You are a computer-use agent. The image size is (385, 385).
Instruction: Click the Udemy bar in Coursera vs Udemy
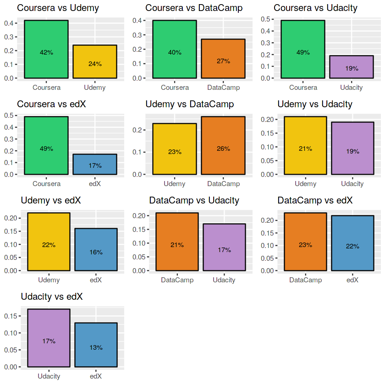pos(95,61)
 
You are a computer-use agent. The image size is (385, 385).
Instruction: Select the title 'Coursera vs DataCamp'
pos(194,8)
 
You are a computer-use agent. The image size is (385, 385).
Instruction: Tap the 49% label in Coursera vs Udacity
pos(303,52)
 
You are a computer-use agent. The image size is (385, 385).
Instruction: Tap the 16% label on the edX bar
pos(96,252)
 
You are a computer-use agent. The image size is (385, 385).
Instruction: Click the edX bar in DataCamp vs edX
pos(352,243)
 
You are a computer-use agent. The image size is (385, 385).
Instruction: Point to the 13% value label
pos(96,347)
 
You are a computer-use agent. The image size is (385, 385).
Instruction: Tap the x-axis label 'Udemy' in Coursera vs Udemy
pos(95,88)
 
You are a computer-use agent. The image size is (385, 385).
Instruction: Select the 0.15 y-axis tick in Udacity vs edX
pos(11,316)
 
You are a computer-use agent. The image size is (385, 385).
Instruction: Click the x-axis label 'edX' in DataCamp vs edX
pos(352,280)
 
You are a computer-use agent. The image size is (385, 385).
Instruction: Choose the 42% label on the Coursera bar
pos(46,52)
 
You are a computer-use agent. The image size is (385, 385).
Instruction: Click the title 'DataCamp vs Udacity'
pos(194,201)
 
